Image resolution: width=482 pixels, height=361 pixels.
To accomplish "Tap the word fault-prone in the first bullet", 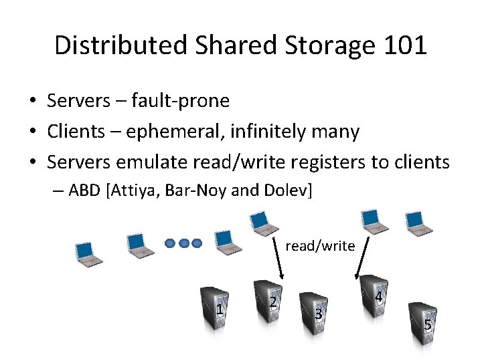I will pyautogui.click(x=180, y=101).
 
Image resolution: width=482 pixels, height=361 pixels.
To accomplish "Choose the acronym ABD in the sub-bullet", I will pyautogui.click(x=83, y=191).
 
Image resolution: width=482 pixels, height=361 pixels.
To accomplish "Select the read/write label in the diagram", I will pyautogui.click(x=320, y=246).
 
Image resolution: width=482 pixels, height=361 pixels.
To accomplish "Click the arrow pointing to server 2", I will pyautogui.click(x=278, y=258).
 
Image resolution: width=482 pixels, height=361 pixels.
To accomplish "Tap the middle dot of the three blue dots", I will pyautogui.click(x=184, y=243).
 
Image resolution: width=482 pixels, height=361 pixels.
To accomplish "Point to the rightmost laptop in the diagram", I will pyautogui.click(x=419, y=223).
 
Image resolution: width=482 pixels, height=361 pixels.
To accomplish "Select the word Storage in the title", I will pyautogui.click(x=310, y=45).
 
